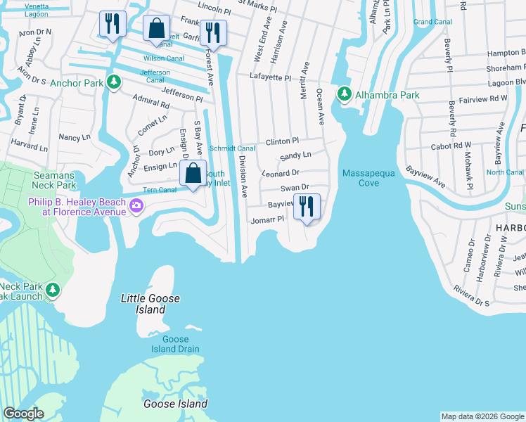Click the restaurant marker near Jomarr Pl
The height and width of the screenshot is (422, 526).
306,207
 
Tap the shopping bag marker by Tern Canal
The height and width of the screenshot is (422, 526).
192,173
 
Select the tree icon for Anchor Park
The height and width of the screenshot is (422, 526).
113,82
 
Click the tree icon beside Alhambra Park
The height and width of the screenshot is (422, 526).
344,94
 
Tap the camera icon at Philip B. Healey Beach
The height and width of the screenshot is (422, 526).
136,206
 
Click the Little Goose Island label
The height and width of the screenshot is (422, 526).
150,304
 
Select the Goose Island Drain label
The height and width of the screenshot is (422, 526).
176,344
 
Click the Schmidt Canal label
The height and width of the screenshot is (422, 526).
232,148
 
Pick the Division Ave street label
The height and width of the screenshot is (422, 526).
243,176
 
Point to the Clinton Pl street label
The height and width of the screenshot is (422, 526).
282,141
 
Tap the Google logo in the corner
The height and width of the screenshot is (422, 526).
23,414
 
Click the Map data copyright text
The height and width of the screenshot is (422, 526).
482,416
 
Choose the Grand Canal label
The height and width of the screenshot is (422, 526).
432,22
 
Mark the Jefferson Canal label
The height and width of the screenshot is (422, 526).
155,76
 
